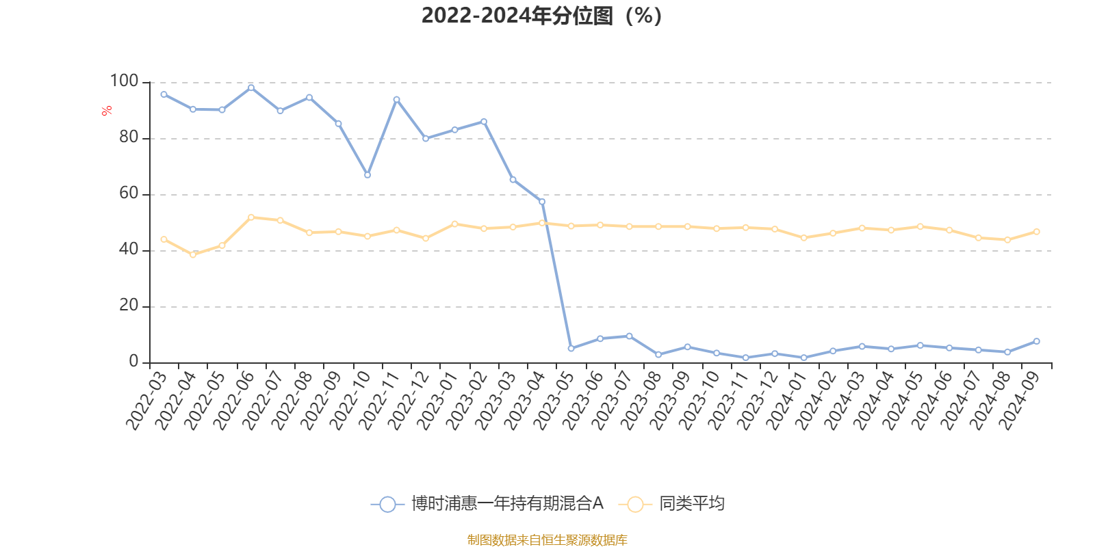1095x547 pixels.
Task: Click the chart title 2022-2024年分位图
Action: [x=541, y=16]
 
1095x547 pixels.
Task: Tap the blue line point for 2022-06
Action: [x=251, y=88]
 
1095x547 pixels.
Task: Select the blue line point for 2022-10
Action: [x=368, y=175]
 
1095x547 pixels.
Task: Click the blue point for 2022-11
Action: [x=396, y=99]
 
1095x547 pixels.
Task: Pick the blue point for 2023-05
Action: [x=571, y=349]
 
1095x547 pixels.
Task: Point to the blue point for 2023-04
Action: [x=542, y=201]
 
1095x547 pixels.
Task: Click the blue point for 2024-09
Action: [x=1037, y=341]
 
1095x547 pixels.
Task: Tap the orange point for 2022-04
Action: [x=193, y=255]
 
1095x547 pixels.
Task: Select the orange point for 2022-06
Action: [x=251, y=217]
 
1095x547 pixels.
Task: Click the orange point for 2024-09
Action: [x=1037, y=232]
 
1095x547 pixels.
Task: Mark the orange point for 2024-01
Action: [x=804, y=238]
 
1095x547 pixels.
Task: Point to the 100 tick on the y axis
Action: [x=125, y=81]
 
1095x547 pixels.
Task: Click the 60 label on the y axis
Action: [x=129, y=194]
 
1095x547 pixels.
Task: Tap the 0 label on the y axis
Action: [x=133, y=362]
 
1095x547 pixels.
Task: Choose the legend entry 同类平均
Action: [x=691, y=504]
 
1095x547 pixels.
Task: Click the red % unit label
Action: [x=107, y=111]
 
